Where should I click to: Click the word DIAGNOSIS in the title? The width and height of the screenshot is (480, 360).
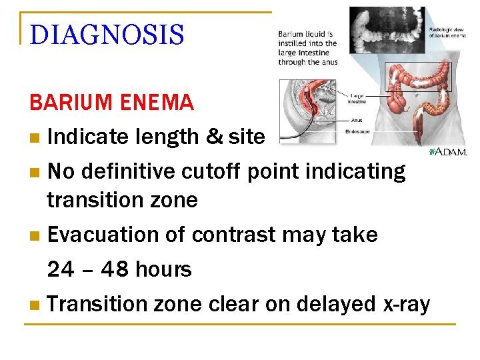107,35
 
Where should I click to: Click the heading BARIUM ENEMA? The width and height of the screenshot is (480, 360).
111,103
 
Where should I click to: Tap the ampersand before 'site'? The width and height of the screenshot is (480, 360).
214,137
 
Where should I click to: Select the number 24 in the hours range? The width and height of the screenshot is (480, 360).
61,270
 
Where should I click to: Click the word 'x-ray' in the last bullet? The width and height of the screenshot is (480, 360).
406,304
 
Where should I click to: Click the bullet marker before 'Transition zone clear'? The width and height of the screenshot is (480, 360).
35,305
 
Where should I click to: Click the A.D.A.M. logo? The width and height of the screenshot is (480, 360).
449,151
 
